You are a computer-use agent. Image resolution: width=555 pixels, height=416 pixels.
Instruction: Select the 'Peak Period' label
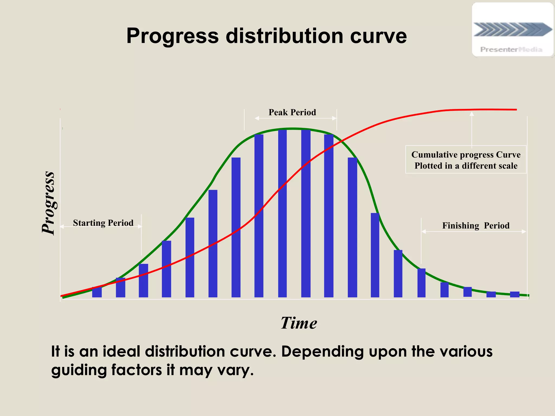(292, 112)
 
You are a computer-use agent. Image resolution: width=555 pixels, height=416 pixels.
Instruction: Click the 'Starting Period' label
(103, 223)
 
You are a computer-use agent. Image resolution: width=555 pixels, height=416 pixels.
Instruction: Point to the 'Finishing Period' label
(476, 226)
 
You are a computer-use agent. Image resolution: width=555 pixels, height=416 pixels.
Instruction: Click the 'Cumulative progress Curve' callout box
(466, 160)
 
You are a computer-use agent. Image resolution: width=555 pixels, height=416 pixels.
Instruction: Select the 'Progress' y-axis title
(49, 203)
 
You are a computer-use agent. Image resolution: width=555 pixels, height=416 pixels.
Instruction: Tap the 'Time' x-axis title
(299, 323)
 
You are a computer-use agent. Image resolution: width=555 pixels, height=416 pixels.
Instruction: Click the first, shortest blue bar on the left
(97, 292)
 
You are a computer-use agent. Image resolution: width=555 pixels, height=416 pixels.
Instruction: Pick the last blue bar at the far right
(514, 294)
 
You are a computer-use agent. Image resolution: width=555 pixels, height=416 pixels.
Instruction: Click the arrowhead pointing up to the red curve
(472, 114)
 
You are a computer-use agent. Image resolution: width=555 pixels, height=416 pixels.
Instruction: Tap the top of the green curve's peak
(293, 129)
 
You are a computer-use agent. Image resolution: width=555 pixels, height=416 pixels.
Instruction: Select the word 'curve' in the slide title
(378, 36)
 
